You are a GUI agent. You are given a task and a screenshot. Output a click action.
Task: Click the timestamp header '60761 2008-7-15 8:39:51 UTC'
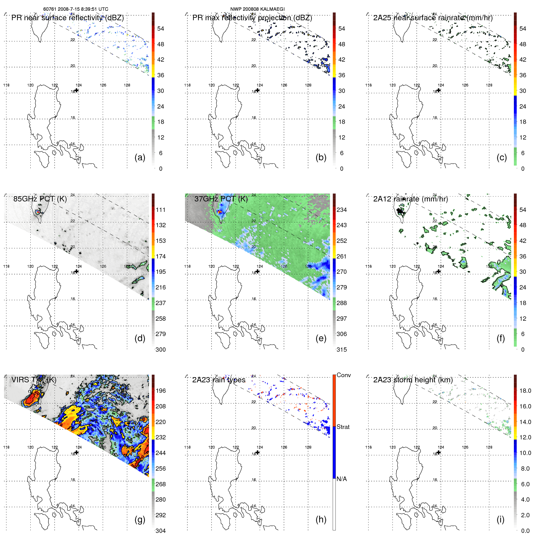coord(75,9)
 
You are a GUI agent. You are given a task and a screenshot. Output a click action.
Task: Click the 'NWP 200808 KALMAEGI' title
coord(257,9)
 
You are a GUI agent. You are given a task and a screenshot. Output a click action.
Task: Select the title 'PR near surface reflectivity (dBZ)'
coord(67,18)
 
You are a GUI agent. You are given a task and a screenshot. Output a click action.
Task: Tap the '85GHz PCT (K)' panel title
coord(40,199)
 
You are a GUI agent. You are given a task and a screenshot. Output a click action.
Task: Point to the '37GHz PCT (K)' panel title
coord(221,199)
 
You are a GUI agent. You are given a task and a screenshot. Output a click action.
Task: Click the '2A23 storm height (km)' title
coord(413,380)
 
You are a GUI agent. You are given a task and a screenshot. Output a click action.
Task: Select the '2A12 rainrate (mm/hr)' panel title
coord(410,199)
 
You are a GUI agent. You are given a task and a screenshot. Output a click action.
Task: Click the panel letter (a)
coord(140,157)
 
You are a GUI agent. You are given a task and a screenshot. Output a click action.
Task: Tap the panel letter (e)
coord(321,338)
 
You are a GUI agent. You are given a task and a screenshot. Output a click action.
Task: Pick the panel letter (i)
coord(500,519)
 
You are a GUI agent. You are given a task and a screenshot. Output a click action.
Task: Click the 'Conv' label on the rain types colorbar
coord(343,375)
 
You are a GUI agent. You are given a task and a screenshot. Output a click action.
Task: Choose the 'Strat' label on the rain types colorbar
coord(343,427)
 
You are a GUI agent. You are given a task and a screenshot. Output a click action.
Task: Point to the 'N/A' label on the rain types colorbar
coord(342,479)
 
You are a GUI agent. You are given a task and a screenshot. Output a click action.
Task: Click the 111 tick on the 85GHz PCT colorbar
coord(161,210)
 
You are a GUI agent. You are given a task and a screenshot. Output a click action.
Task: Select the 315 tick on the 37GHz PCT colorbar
coord(342,350)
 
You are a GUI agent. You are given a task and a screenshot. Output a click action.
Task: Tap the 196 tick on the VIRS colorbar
coord(161,391)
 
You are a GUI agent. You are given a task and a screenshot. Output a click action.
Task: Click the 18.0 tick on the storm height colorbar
coord(525,391)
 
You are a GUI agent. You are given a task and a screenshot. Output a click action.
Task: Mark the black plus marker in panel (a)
coord(77,90)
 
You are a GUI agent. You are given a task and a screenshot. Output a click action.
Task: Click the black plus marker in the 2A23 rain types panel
coord(258,452)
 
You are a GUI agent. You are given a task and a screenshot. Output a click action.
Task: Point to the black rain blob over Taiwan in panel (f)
coord(399,211)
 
